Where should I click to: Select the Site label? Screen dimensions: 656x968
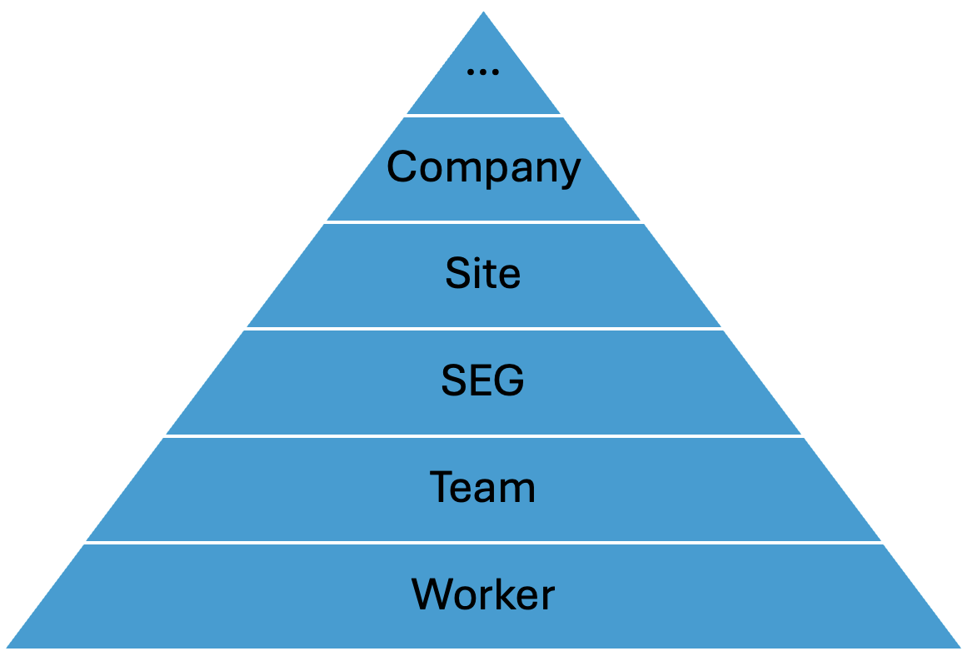[483, 274]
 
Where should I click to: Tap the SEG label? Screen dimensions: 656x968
[483, 381]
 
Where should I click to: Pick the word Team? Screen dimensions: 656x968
[483, 487]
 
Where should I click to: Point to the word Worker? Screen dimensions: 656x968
[483, 594]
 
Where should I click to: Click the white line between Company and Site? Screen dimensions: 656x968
[483, 222]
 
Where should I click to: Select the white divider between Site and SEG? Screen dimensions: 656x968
[483, 329]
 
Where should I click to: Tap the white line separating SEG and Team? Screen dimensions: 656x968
[483, 435]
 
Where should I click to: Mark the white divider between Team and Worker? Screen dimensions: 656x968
[483, 543]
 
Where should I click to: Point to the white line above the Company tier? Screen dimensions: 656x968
[483, 115]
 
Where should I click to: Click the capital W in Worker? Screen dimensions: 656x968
[432, 594]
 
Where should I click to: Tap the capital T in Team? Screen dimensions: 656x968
[442, 487]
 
